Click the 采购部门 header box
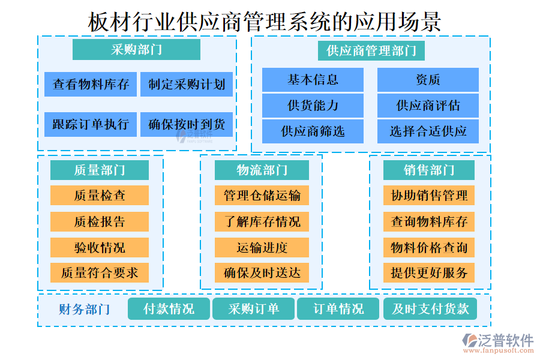tap(136, 50)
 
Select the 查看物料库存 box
tap(91, 85)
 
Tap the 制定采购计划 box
tap(187, 85)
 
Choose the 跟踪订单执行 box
tap(91, 124)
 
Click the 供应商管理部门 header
tap(371, 50)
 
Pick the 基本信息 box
tap(313, 80)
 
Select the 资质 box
tap(428, 80)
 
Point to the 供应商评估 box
tap(428, 106)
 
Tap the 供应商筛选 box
tap(313, 131)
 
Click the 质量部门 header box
tap(100, 170)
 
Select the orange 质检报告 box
tap(100, 221)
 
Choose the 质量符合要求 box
tap(100, 273)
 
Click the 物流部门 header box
tap(262, 170)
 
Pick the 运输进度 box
tap(262, 247)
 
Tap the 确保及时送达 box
tap(262, 273)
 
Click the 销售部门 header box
tap(429, 170)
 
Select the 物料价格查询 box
tap(429, 247)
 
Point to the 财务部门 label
tap(84, 310)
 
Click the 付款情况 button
tap(169, 309)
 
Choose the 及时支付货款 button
tap(430, 309)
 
